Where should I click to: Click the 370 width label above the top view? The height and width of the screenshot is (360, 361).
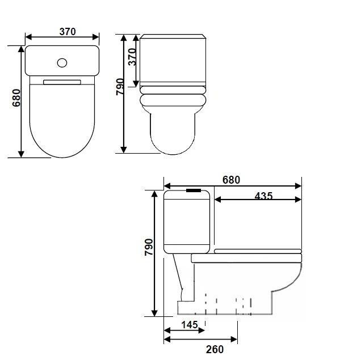[67, 32]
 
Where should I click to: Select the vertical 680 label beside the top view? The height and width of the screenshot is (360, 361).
[16, 98]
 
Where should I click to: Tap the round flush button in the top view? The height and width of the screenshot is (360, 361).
[63, 62]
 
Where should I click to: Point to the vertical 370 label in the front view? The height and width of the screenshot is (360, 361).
[132, 57]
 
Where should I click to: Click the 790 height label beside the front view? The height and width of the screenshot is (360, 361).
[120, 87]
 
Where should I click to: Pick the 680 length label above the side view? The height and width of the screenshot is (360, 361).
[231, 180]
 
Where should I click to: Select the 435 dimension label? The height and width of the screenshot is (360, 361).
[263, 196]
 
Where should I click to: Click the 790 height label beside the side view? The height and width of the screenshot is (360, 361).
[149, 248]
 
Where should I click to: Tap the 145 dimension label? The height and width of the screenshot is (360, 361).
[190, 325]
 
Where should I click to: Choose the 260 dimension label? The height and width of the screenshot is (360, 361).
[215, 349]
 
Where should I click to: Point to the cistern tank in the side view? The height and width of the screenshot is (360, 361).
[187, 222]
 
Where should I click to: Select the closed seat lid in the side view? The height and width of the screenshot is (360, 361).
[259, 251]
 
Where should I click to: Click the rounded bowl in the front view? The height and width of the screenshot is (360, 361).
[173, 133]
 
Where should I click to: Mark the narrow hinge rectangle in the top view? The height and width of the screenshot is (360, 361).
[62, 81]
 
